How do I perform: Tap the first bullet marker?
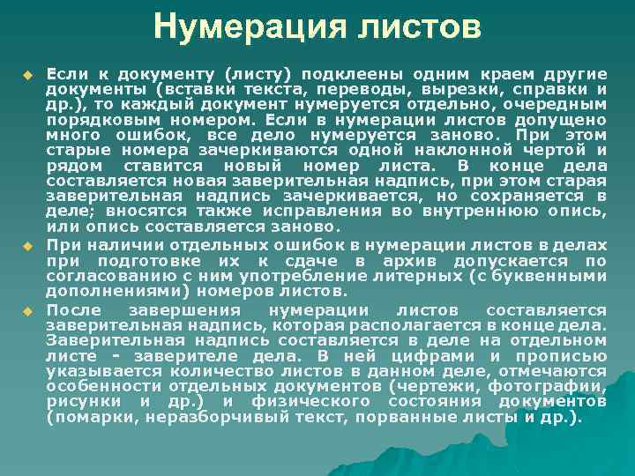pos(28,72)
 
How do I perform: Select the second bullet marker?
pos(28,244)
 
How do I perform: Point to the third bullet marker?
pos(28,310)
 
